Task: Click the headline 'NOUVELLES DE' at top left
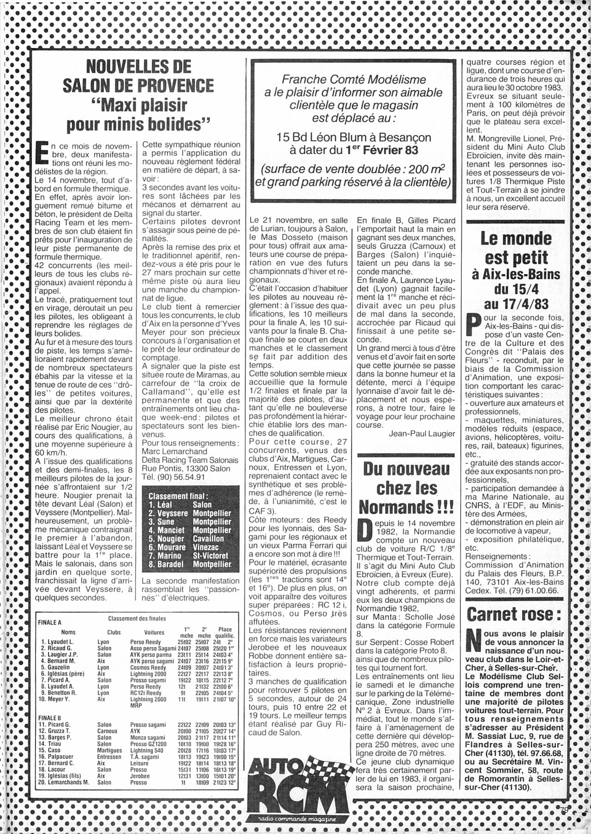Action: click(x=139, y=66)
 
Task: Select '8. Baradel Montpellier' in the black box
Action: click(x=190, y=564)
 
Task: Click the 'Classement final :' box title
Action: click(x=179, y=496)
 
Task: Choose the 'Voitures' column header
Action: click(x=154, y=632)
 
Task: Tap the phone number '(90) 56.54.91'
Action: click(x=176, y=477)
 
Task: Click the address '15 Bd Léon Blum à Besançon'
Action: click(x=353, y=138)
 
